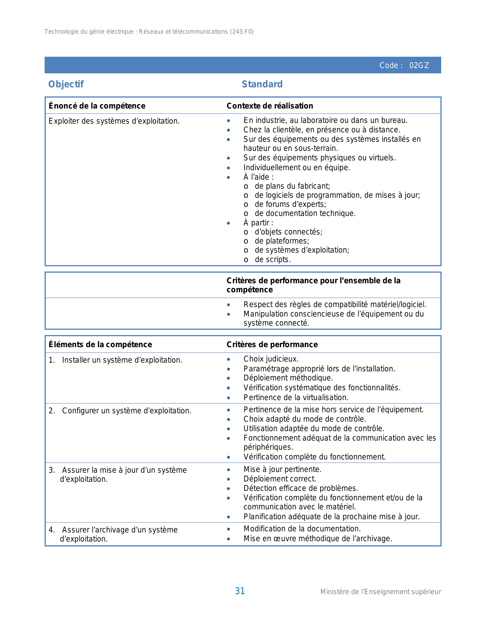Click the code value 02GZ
coord(419,65)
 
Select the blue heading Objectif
coord(66,84)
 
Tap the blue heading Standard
coord(262,84)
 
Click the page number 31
coord(240,591)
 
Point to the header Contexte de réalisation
coord(270,106)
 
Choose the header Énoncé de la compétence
coord(97,106)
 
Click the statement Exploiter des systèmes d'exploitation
coord(114,121)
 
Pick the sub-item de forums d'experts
coord(290,204)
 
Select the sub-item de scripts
coord(272,259)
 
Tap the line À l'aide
coord(258,177)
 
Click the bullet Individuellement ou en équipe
coord(296,168)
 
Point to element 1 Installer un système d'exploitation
coord(122,360)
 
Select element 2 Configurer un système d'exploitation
coord(126,411)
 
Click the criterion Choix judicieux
coord(271,359)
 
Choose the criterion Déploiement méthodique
coord(288,378)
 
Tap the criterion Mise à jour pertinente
coord(282,469)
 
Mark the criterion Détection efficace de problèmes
coord(301,488)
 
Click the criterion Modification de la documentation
coord(302,529)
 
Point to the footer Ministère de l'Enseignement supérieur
coord(380,592)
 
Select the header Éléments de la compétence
coord(100,345)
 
